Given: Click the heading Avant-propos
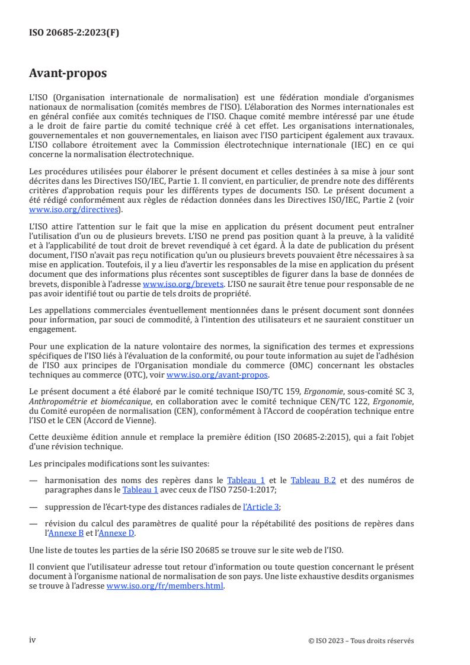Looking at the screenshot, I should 68,73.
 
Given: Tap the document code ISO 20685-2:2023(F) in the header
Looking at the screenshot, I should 74,33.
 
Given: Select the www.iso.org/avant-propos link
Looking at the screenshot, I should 218,375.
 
